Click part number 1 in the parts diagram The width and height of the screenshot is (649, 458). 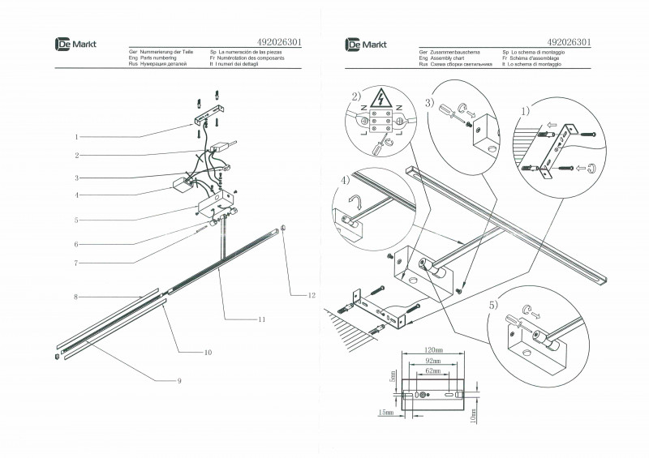pos(76,137)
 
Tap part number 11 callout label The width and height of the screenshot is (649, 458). pos(261,319)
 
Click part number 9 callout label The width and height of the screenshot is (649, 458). pos(179,380)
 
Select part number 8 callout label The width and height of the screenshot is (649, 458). pos(75,298)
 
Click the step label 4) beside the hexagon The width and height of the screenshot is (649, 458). pos(346,179)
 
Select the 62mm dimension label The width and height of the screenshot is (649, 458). pos(436,370)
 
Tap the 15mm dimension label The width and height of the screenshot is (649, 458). pos(385,413)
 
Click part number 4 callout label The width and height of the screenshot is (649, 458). pos(76,195)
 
